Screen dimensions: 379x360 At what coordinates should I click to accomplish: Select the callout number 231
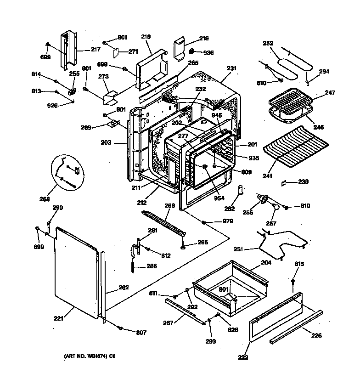coord(232,68)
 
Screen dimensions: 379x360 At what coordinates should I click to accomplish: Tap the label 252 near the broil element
coord(268,44)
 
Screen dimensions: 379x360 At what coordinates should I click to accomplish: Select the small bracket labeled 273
coord(110,96)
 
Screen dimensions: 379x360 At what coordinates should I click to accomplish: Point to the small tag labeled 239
coord(285,182)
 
